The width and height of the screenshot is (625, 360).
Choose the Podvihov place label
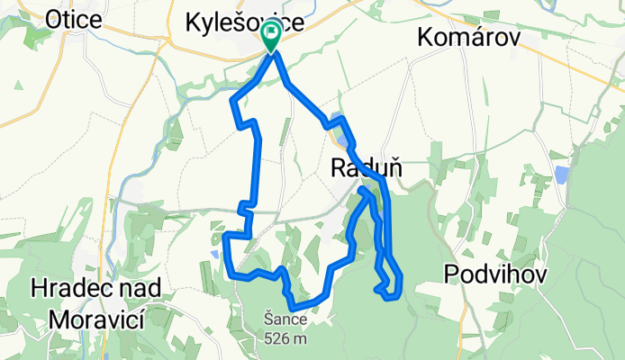(495, 274)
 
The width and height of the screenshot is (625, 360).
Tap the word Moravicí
(96, 318)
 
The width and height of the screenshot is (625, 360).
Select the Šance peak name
(286, 319)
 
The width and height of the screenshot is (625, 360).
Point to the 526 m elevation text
(286, 339)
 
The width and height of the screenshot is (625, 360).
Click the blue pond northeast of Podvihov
(562, 173)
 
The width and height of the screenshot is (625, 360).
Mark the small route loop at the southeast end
(389, 286)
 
